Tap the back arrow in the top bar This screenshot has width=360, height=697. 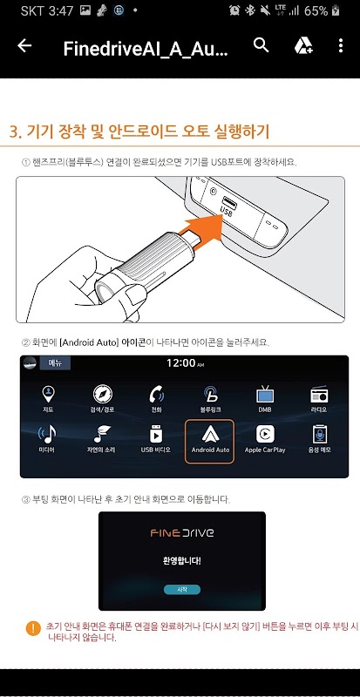[x=24, y=45]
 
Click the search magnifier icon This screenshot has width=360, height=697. [x=262, y=45]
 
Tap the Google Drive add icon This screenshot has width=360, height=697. [x=303, y=45]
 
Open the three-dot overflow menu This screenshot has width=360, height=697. [x=341, y=45]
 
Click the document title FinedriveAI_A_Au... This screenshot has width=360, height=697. [x=146, y=49]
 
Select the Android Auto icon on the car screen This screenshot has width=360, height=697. [x=210, y=434]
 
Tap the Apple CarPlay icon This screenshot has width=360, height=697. [x=265, y=434]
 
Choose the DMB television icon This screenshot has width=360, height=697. [x=265, y=395]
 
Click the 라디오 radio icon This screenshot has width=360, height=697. [x=319, y=395]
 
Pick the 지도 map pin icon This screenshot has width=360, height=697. [x=48, y=395]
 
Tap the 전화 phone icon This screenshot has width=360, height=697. [x=156, y=395]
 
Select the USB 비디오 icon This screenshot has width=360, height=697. [x=156, y=434]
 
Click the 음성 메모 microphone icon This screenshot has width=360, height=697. [x=319, y=434]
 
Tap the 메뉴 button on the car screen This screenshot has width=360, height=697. [x=55, y=363]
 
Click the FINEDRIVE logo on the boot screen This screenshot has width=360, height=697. [x=181, y=532]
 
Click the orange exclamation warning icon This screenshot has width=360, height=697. [x=33, y=628]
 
